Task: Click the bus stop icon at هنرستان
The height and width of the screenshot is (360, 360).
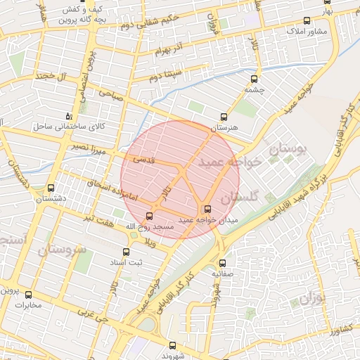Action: [224, 117]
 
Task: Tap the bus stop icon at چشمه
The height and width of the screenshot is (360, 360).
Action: [254, 79]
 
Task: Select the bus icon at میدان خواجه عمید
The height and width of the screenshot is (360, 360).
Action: [207, 209]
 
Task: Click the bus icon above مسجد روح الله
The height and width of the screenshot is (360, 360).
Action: [148, 216]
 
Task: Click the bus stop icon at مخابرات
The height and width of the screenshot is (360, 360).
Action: [29, 295]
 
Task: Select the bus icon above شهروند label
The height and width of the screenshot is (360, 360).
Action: [172, 345]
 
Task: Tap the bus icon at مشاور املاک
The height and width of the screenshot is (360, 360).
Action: [305, 21]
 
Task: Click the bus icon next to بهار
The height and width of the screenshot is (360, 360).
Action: [345, 3]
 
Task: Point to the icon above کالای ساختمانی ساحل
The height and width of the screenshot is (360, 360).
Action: [68, 115]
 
